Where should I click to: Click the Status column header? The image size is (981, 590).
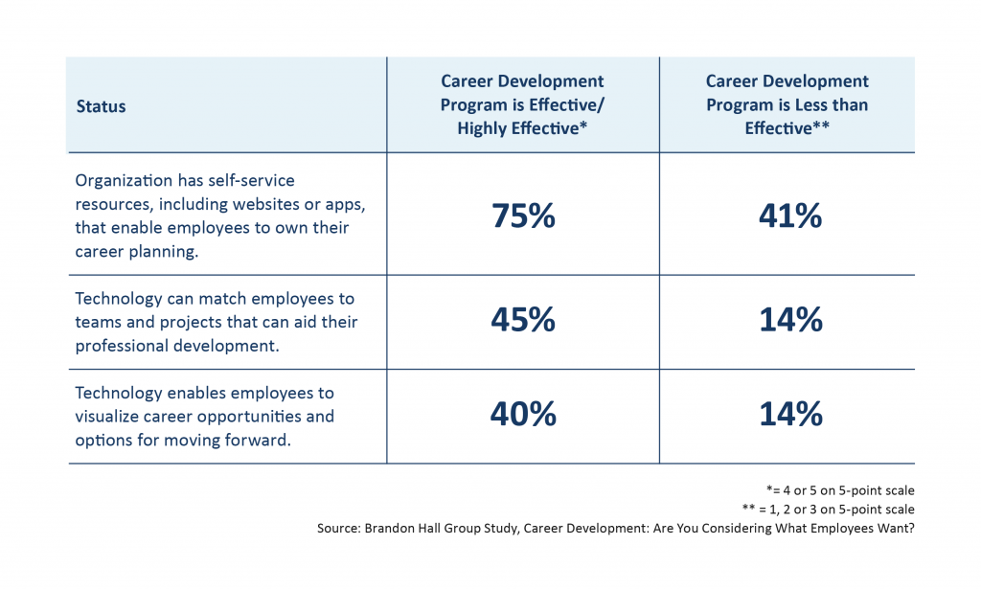pos(101,106)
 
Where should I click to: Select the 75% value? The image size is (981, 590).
pos(523,216)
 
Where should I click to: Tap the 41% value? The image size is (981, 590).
pos(789,216)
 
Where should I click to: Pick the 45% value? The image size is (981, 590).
pos(523,320)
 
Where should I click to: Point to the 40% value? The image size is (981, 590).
pos(523,414)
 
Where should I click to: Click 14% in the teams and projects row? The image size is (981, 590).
pos(789,320)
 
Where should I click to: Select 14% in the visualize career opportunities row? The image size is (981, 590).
pos(789,414)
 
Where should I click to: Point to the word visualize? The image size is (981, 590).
pos(108,417)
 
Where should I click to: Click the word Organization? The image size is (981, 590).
pos(124,180)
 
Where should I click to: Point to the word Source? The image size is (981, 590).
pos(340,528)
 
